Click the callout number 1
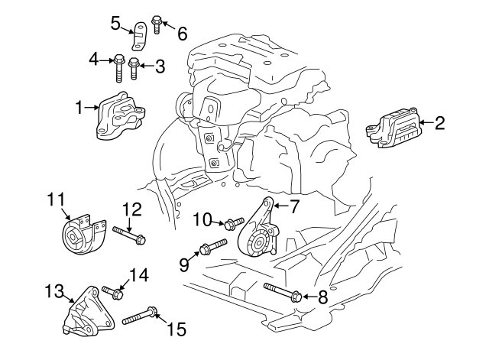(x=79, y=108)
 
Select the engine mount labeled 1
(x=119, y=116)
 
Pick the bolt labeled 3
(x=134, y=68)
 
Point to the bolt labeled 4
(x=119, y=65)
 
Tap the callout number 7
(x=295, y=205)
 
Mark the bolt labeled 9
(x=212, y=248)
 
